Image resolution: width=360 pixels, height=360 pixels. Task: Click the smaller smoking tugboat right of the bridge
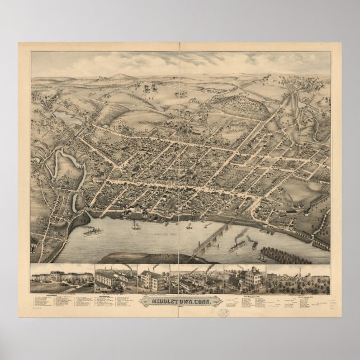254,244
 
